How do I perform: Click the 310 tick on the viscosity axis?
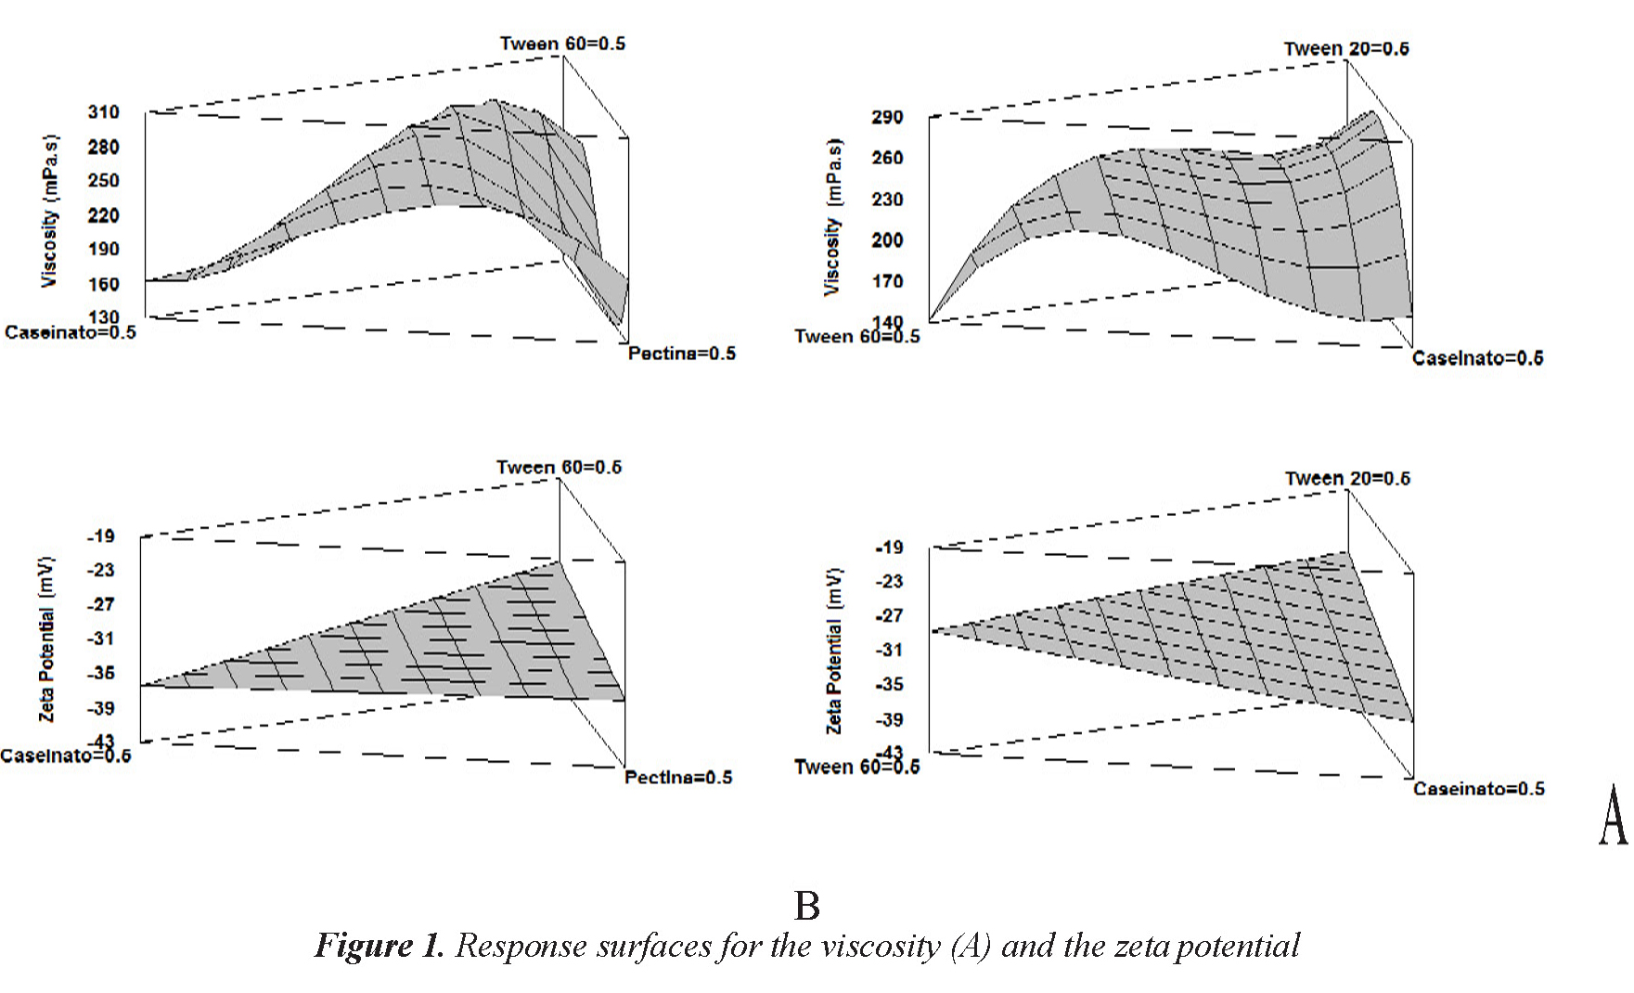(104, 112)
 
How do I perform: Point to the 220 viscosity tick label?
(104, 215)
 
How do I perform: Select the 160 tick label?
(104, 284)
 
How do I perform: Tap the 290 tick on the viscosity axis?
(887, 117)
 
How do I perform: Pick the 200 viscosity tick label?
(887, 239)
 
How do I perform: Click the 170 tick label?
(887, 280)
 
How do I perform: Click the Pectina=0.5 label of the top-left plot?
(681, 354)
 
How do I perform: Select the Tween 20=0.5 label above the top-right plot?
(1346, 48)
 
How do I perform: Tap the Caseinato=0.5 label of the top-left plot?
(71, 332)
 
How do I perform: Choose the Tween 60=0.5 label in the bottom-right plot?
(857, 767)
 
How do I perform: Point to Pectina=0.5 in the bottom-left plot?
(678, 777)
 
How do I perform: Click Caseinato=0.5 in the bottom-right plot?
(1479, 789)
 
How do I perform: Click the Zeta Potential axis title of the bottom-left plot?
(46, 639)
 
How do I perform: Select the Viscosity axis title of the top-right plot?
(833, 217)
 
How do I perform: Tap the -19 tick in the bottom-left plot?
(100, 535)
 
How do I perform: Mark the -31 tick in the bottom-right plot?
(888, 650)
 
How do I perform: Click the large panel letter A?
(1613, 815)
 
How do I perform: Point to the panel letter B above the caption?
(807, 906)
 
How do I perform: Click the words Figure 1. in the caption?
(380, 946)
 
